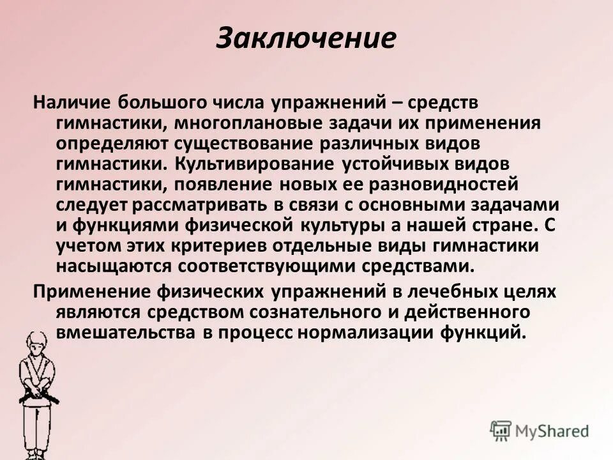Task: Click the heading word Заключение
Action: [306, 38]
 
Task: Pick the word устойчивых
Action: [405, 164]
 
